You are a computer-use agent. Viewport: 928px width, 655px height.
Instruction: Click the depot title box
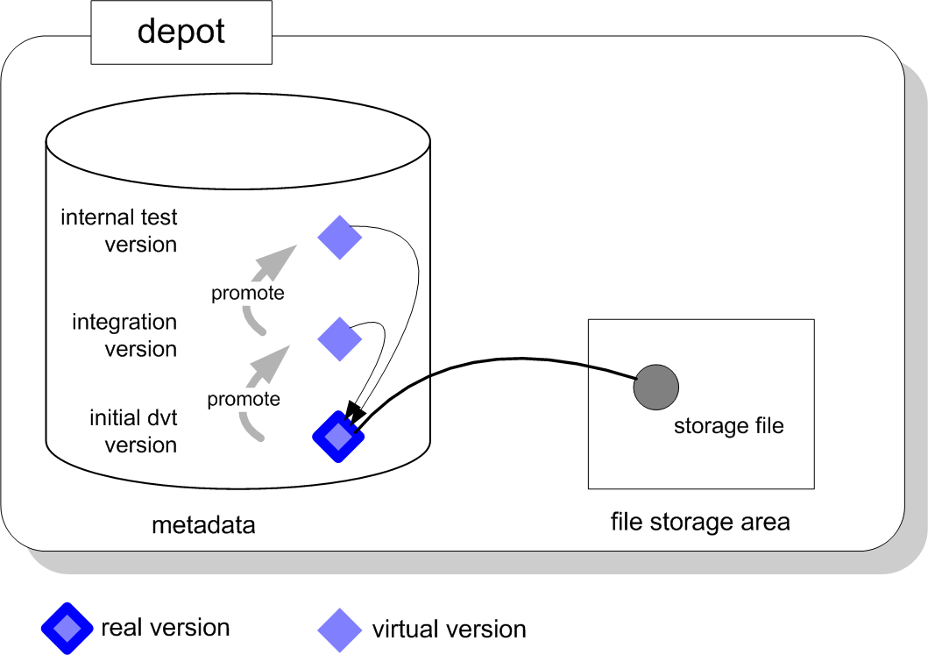click(x=181, y=32)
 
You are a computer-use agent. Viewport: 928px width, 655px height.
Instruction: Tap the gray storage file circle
click(x=656, y=387)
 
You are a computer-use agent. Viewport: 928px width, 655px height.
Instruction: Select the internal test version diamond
click(x=339, y=237)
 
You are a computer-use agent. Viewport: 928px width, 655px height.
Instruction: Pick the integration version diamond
click(x=339, y=338)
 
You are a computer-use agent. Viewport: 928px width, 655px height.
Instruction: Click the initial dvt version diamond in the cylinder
click(x=338, y=436)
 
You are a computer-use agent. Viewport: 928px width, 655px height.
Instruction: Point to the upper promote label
click(x=248, y=293)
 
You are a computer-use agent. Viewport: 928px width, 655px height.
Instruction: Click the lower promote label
click(x=244, y=400)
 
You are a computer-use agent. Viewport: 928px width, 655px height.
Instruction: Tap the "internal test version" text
click(x=119, y=230)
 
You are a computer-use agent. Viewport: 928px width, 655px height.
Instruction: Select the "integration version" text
click(x=124, y=336)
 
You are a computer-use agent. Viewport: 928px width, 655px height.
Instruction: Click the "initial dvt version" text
click(x=133, y=431)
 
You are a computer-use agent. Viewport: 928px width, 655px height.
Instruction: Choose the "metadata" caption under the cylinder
click(x=203, y=525)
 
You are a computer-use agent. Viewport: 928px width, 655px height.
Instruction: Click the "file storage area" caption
click(x=700, y=523)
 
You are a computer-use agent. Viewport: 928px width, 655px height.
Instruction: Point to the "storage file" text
click(x=728, y=427)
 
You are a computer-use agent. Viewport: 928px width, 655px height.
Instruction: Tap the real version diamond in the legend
click(x=66, y=629)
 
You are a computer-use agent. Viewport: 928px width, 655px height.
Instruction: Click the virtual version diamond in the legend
click(x=339, y=629)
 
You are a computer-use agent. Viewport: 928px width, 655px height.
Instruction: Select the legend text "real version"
click(x=166, y=628)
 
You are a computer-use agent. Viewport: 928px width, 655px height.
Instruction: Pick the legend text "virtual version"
click(x=449, y=630)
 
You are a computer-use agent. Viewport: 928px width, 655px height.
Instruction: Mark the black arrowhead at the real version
click(x=354, y=410)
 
